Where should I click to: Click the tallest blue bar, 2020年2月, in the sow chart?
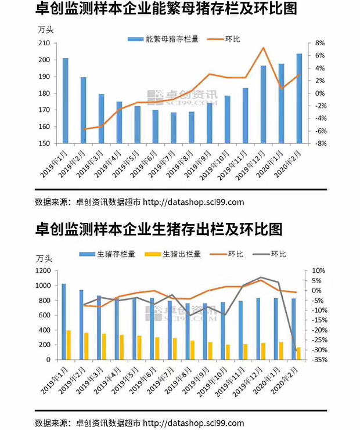point(299,99)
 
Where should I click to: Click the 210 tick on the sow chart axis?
point(44,44)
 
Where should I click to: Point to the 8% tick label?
point(320,44)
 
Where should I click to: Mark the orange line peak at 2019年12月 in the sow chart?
point(263,48)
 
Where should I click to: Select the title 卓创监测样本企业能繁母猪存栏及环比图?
point(165,10)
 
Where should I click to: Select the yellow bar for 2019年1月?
point(69,345)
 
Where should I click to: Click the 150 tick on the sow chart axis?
point(44,143)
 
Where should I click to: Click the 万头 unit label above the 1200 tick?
point(45,259)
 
